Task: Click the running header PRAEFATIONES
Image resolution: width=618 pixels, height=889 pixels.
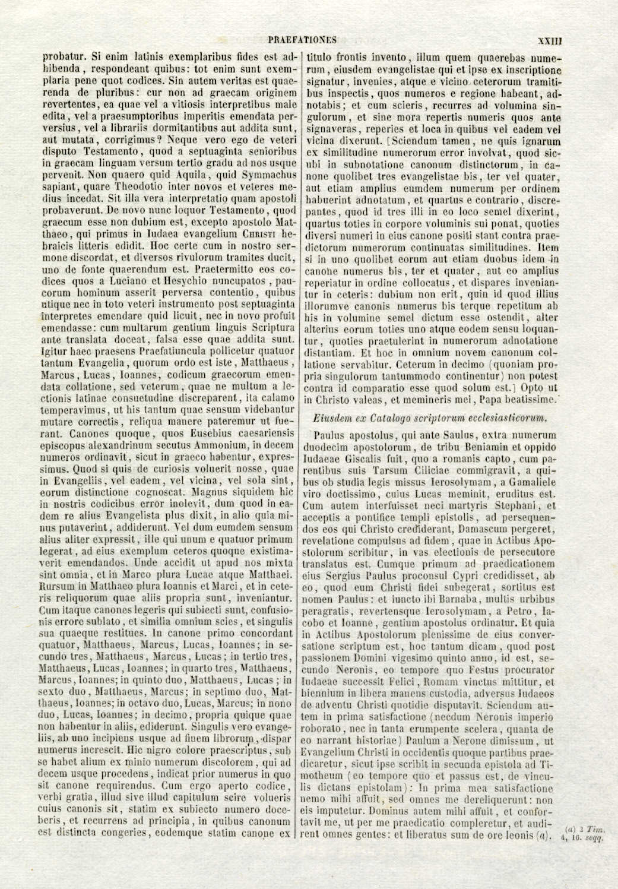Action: point(302,40)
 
